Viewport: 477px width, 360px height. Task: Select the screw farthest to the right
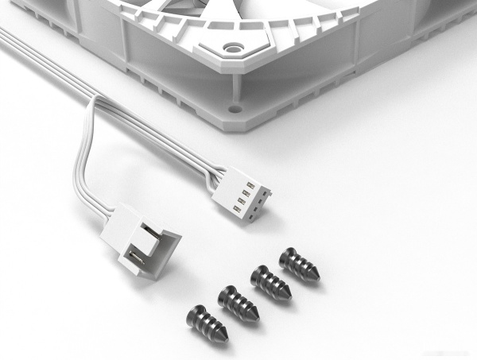[301, 265]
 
